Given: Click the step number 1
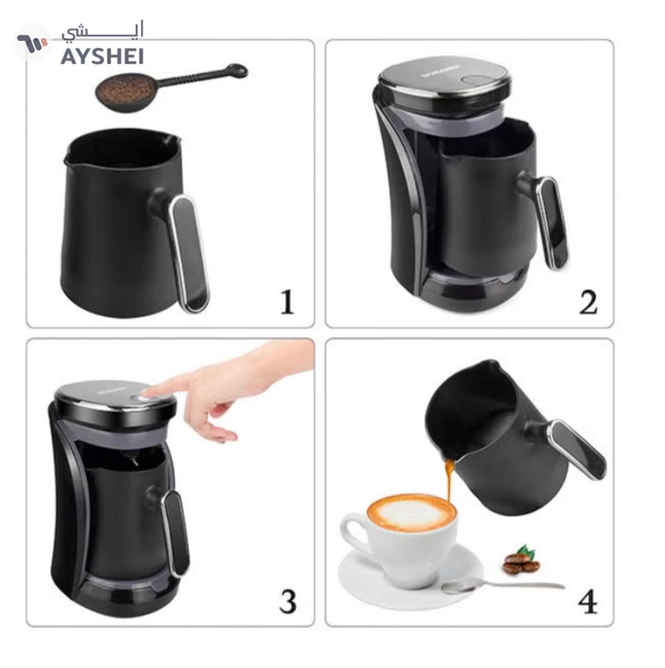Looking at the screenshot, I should pyautogui.click(x=287, y=303).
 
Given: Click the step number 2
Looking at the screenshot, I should pyautogui.click(x=588, y=303).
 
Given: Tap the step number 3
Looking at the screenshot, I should pyautogui.click(x=288, y=601).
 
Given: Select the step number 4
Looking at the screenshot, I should pyautogui.click(x=588, y=601).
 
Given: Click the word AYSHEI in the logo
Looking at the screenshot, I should pyautogui.click(x=102, y=56).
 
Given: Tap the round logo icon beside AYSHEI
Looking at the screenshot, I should pyautogui.click(x=32, y=42).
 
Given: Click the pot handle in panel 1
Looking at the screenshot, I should pyautogui.click(x=188, y=252).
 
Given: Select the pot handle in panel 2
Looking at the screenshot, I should pyautogui.click(x=553, y=222).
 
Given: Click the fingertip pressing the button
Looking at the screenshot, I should pyautogui.click(x=145, y=393).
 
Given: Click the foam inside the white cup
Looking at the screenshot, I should pyautogui.click(x=411, y=511).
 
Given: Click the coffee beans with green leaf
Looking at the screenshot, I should pyautogui.click(x=521, y=561).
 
